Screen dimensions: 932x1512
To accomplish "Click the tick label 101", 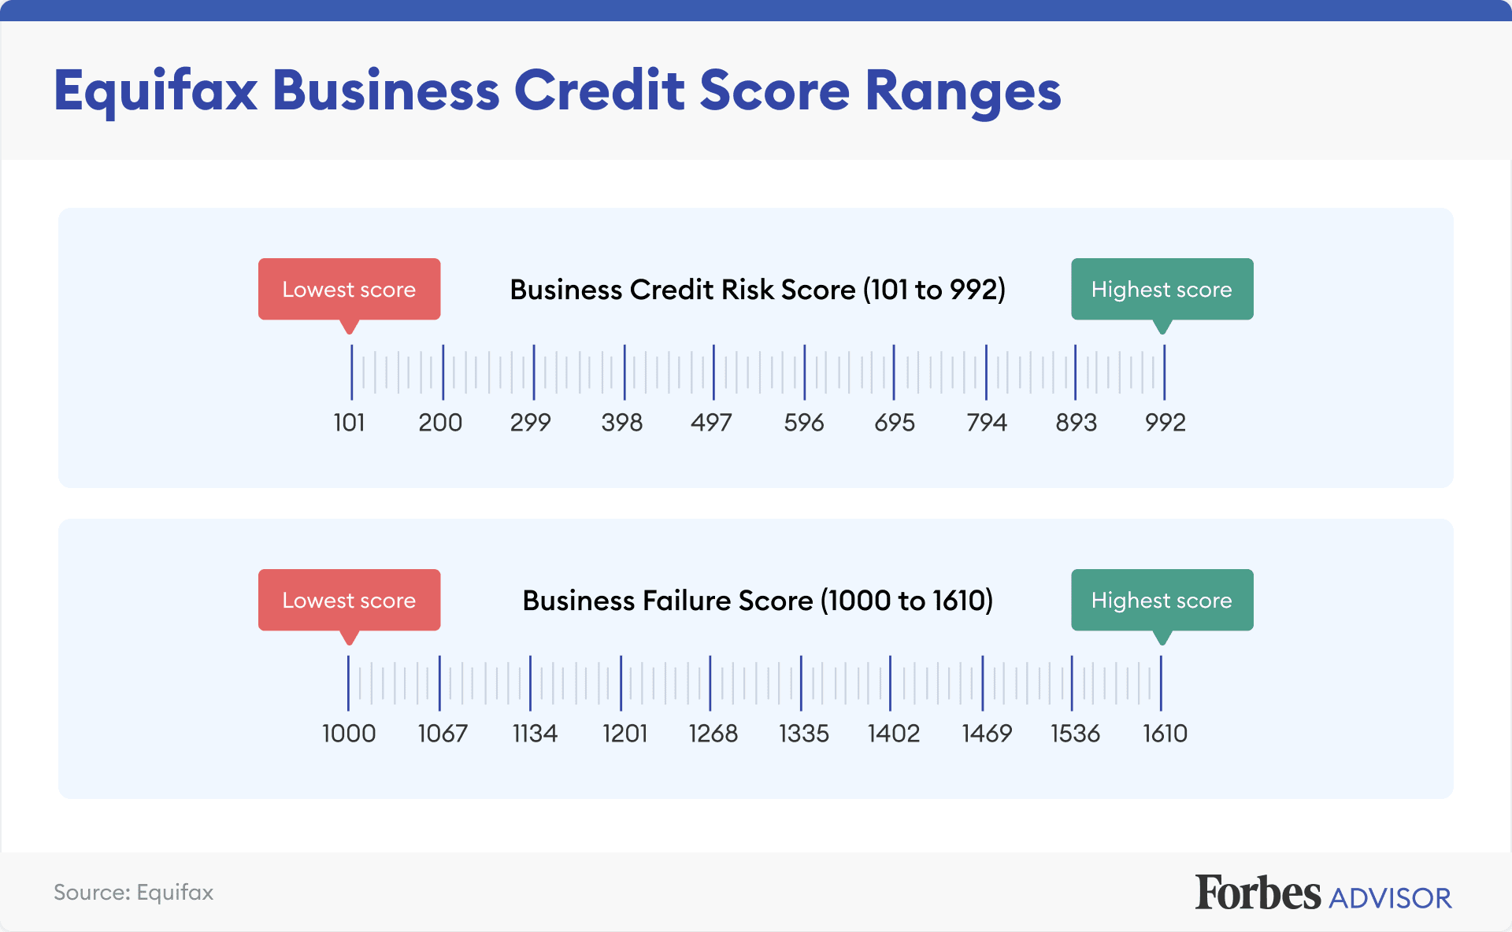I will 349,423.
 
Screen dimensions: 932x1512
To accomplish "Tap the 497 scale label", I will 711,423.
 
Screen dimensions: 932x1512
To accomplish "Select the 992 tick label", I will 1165,423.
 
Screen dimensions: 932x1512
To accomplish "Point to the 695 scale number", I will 895,423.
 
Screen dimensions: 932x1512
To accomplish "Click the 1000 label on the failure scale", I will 349,734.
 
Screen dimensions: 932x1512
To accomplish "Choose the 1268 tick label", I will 713,734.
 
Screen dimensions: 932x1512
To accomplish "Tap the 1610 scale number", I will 1165,734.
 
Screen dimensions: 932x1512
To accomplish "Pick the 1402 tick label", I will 894,734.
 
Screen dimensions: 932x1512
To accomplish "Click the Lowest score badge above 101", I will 349,289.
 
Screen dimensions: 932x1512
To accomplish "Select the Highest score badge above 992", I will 1162,289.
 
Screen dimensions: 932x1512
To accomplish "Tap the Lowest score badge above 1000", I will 349,600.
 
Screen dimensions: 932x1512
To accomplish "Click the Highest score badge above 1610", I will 1162,600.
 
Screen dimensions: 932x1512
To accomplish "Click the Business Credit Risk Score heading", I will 758,290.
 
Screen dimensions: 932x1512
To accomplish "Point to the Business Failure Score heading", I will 758,601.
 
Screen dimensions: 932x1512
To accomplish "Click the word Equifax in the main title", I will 156,91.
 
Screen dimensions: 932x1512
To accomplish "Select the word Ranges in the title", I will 962,91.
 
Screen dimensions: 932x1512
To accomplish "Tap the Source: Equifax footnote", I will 133,893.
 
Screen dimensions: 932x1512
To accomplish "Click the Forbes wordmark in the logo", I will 1258,893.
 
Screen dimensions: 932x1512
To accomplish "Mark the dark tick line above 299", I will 534,372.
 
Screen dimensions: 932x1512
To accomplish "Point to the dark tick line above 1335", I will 801,682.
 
